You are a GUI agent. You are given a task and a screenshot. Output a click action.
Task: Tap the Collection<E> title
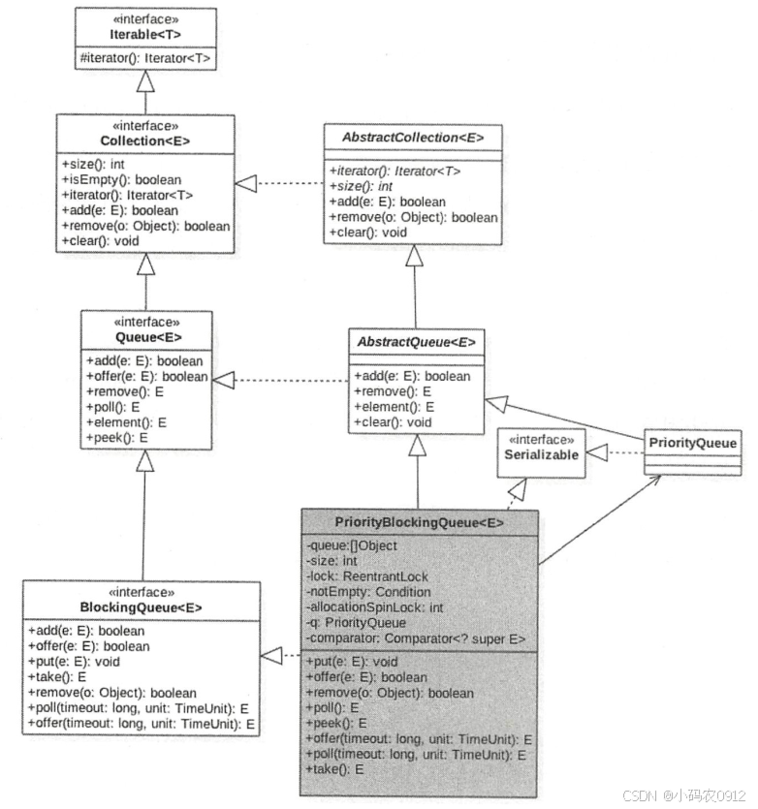pyautogui.click(x=145, y=141)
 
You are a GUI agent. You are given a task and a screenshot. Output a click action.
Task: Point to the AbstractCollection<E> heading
pyautogui.click(x=413, y=137)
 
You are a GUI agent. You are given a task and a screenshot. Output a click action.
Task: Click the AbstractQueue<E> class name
pyautogui.click(x=416, y=341)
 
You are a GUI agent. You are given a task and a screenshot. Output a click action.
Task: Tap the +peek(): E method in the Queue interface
pyautogui.click(x=116, y=438)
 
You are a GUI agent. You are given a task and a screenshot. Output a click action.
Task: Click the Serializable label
pyautogui.click(x=542, y=454)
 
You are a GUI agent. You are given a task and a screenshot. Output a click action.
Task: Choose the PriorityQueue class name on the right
pyautogui.click(x=693, y=444)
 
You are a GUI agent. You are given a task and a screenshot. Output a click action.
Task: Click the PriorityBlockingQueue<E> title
pyautogui.click(x=420, y=522)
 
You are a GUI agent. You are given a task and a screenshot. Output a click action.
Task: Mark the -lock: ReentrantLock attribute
pyautogui.click(x=366, y=576)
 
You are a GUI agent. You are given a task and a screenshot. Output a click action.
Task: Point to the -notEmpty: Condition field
pyautogui.click(x=368, y=592)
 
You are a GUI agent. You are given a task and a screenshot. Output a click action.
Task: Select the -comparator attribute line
pyautogui.click(x=416, y=638)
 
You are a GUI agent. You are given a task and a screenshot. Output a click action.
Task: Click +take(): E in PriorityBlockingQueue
pyautogui.click(x=334, y=768)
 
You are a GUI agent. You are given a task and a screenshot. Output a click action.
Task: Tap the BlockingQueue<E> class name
pyautogui.click(x=142, y=608)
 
